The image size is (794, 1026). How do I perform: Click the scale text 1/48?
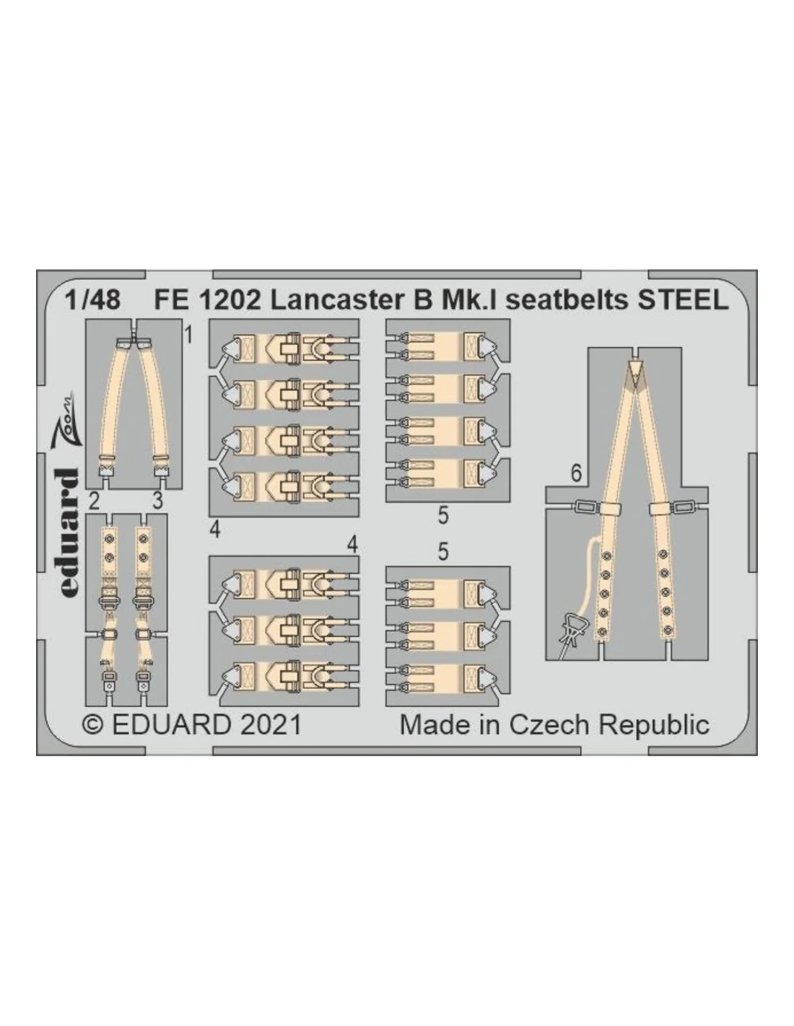tap(92, 299)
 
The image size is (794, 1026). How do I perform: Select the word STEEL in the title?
tap(684, 299)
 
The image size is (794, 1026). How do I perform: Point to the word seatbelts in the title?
tap(567, 299)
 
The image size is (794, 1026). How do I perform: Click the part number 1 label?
tap(188, 336)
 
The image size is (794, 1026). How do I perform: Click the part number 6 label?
tap(576, 473)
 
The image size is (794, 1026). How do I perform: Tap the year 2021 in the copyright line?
tap(271, 724)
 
